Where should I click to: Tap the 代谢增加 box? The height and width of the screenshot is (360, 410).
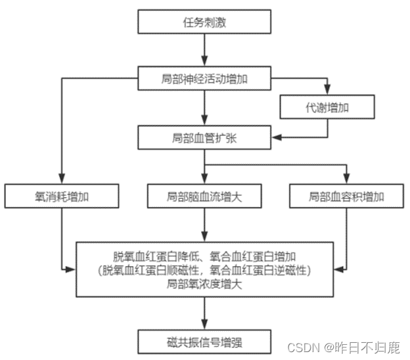327,106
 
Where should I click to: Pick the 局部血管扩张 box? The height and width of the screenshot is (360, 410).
205,137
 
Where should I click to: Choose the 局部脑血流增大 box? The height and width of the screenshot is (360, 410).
205,196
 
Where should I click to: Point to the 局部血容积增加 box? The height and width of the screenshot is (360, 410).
346,196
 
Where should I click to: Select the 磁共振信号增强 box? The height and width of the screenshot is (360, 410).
205,341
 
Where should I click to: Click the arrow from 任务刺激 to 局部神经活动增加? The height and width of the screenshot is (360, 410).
205,49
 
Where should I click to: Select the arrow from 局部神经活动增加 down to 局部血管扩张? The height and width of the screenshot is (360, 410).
205,108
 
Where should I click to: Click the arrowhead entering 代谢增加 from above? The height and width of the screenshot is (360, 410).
327,91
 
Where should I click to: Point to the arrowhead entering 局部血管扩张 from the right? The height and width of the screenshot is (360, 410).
277,137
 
